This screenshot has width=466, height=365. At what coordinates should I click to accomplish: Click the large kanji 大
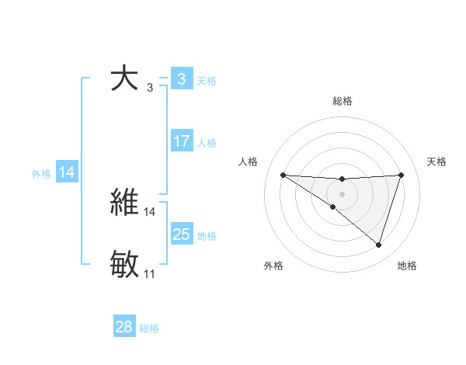click(x=124, y=78)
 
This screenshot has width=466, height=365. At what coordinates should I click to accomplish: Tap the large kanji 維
click(x=124, y=202)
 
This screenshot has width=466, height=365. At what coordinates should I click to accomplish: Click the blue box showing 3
click(x=181, y=78)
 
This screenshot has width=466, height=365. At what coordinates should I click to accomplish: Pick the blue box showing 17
click(x=181, y=141)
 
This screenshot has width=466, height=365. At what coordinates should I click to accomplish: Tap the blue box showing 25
click(x=181, y=234)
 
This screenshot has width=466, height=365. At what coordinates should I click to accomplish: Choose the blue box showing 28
click(x=123, y=327)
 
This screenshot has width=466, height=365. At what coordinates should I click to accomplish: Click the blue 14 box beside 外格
click(x=67, y=172)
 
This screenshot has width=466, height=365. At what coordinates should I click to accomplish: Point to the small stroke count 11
click(x=149, y=274)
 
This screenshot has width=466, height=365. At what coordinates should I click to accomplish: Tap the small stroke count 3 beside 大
click(x=150, y=88)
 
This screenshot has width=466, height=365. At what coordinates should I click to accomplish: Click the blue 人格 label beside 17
click(x=207, y=143)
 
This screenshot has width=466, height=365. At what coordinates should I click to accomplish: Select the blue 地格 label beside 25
click(x=207, y=235)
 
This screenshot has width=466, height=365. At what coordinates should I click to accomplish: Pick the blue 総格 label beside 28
click(x=149, y=328)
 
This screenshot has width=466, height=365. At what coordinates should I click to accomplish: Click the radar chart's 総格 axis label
click(x=342, y=101)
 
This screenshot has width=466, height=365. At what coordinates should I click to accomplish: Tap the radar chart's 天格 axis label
click(x=437, y=162)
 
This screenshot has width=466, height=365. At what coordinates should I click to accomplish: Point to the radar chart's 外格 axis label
click(x=273, y=266)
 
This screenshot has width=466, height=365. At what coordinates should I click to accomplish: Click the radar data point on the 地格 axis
click(x=379, y=245)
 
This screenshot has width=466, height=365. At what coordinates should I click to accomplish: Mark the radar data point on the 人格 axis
click(x=283, y=175)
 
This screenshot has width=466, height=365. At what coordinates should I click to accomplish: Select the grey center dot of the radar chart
click(x=342, y=193)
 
